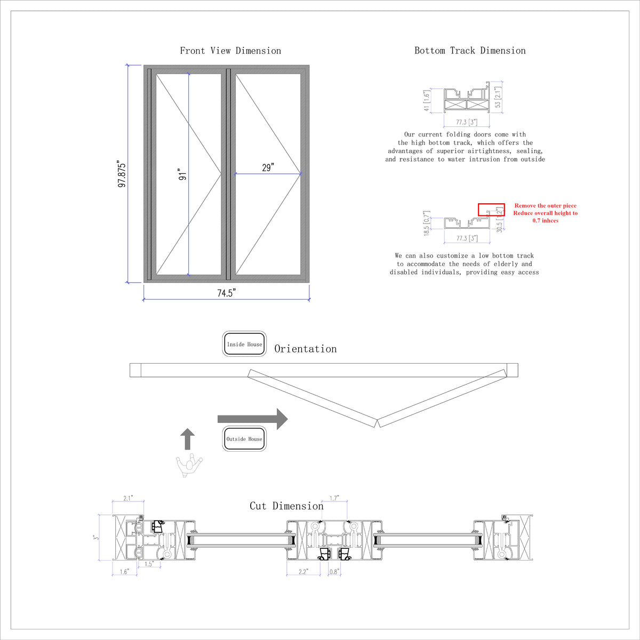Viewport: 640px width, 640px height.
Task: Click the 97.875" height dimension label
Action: [122, 174]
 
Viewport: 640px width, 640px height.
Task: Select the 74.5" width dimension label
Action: [226, 293]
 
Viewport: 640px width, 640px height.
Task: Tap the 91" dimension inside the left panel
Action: [182, 175]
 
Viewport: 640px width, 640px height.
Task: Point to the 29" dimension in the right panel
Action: [268, 167]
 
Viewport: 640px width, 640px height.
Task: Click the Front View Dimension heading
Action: [230, 51]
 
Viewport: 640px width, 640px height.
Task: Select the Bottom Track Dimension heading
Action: [470, 51]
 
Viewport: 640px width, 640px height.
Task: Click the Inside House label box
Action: [244, 344]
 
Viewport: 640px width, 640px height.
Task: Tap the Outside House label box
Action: [244, 439]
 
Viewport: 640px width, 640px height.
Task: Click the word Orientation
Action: [306, 349]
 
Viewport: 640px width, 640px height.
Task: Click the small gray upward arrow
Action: [187, 439]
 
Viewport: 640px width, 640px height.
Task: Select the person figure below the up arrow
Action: [189, 465]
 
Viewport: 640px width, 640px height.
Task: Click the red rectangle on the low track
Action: [491, 210]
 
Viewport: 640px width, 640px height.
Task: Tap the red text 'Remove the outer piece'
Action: [545, 205]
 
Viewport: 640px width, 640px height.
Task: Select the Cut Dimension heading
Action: [286, 506]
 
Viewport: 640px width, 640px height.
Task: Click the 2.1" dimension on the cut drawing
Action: [128, 498]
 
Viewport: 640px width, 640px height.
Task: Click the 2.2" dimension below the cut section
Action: [302, 571]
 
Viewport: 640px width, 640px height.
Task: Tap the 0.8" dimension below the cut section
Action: [334, 571]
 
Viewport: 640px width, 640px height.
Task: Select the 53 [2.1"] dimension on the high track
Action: [498, 95]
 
